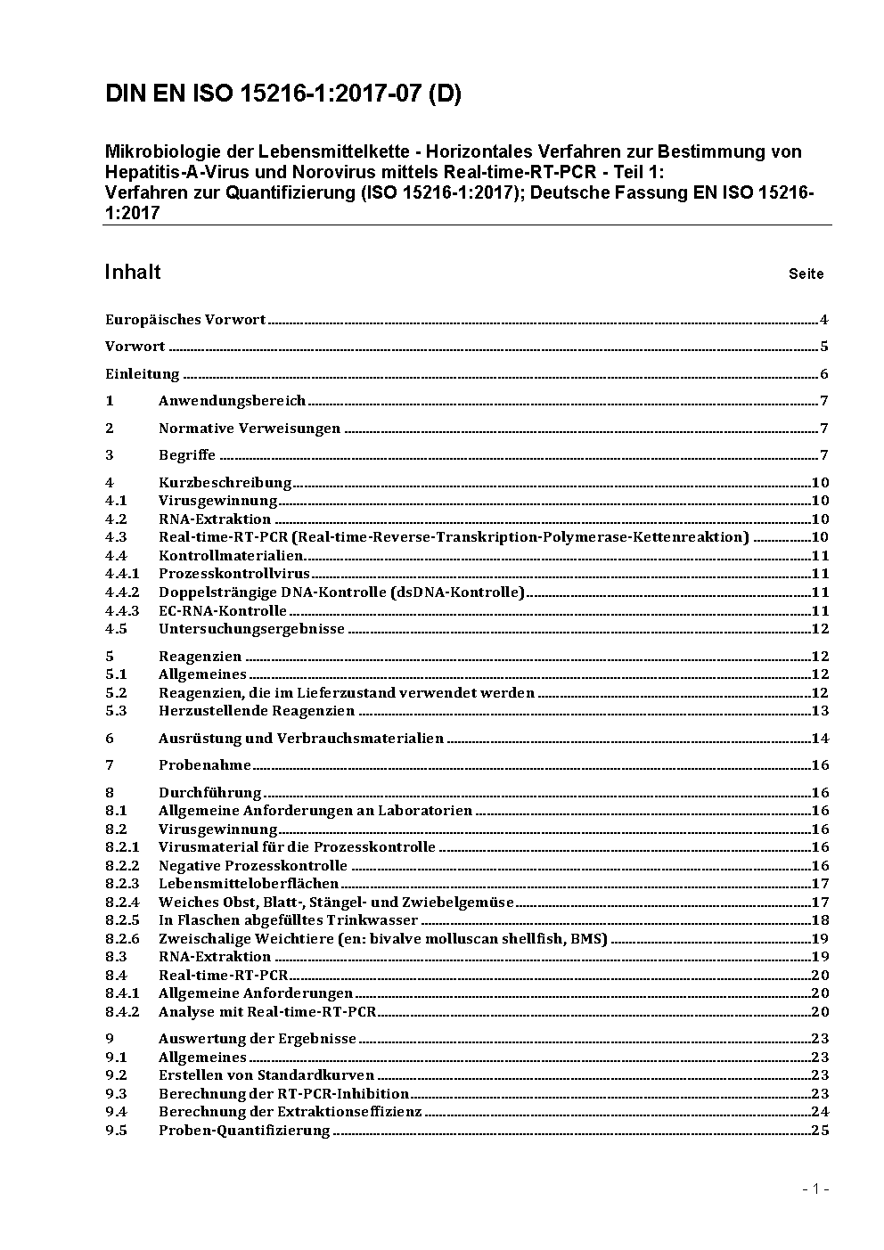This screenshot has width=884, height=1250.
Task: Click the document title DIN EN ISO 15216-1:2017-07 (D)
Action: coord(283,94)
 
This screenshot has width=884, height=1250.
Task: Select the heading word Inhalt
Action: coord(133,272)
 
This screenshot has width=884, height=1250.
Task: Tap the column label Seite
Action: coord(806,274)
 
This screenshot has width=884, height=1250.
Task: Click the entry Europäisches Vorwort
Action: coord(185,320)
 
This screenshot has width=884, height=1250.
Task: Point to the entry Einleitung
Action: coord(143,374)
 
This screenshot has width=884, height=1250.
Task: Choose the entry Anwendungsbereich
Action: coord(232,401)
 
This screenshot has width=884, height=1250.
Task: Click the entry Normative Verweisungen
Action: coord(250,429)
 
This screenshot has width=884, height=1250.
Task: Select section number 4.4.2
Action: coord(122,592)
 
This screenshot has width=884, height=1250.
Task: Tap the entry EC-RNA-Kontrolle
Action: coord(223,611)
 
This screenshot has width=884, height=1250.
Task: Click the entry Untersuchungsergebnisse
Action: coord(251,629)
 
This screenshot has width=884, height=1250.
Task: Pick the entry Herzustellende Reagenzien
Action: coord(257,711)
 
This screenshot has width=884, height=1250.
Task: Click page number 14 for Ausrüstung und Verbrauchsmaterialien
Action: coord(820,739)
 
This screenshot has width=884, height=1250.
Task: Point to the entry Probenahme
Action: coord(205,765)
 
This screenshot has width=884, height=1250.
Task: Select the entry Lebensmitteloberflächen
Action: coord(249,884)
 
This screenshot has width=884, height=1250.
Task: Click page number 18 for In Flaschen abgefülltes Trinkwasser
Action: coord(820,920)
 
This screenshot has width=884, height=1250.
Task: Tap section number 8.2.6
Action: coord(122,939)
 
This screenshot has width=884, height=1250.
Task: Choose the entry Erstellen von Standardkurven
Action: coord(266,1075)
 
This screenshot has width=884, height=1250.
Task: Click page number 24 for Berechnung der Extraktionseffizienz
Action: coord(820,1112)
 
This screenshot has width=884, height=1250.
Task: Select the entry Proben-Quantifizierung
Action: coord(244,1131)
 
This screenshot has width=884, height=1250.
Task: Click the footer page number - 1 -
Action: coord(815,1189)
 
